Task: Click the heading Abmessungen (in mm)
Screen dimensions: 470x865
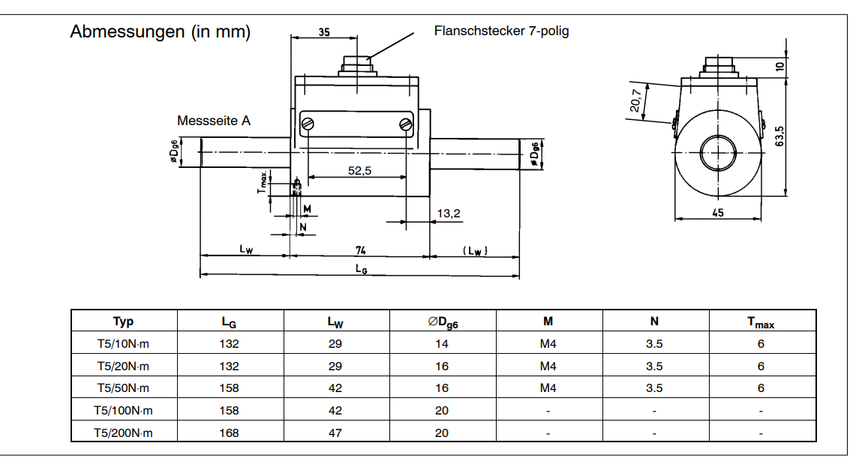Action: [160, 32]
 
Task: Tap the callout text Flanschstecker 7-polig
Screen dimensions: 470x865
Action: [501, 31]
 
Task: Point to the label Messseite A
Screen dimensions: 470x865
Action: [214, 120]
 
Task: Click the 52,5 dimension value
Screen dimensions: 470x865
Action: [360, 171]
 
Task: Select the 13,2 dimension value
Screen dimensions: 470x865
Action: [448, 214]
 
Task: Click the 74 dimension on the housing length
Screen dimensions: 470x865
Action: [360, 250]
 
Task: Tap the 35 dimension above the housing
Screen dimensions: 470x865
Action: [323, 32]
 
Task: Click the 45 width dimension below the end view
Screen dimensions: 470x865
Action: [717, 213]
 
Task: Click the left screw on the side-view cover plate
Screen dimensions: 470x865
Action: [308, 124]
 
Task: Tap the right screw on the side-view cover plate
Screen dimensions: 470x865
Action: [406, 124]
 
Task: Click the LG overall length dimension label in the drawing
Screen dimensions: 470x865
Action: [361, 270]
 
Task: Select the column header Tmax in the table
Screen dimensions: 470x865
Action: [761, 322]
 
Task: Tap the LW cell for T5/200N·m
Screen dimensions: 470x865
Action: [335, 433]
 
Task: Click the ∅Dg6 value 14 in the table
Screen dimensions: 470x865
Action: [443, 344]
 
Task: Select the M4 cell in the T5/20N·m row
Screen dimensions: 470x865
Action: [548, 367]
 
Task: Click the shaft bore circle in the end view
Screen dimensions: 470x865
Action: [719, 154]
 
